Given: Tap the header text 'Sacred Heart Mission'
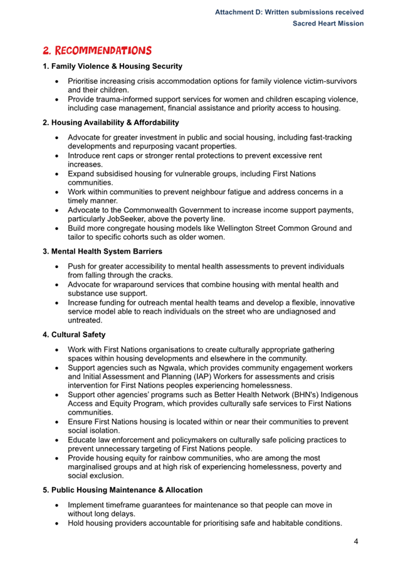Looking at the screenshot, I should click(328, 23).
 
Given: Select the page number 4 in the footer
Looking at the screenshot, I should click(355, 542).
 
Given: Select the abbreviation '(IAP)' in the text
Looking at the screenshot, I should click(201, 377).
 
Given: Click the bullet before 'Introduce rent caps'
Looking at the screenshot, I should click(57, 155).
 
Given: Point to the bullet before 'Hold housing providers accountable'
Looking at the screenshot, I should click(57, 523).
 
